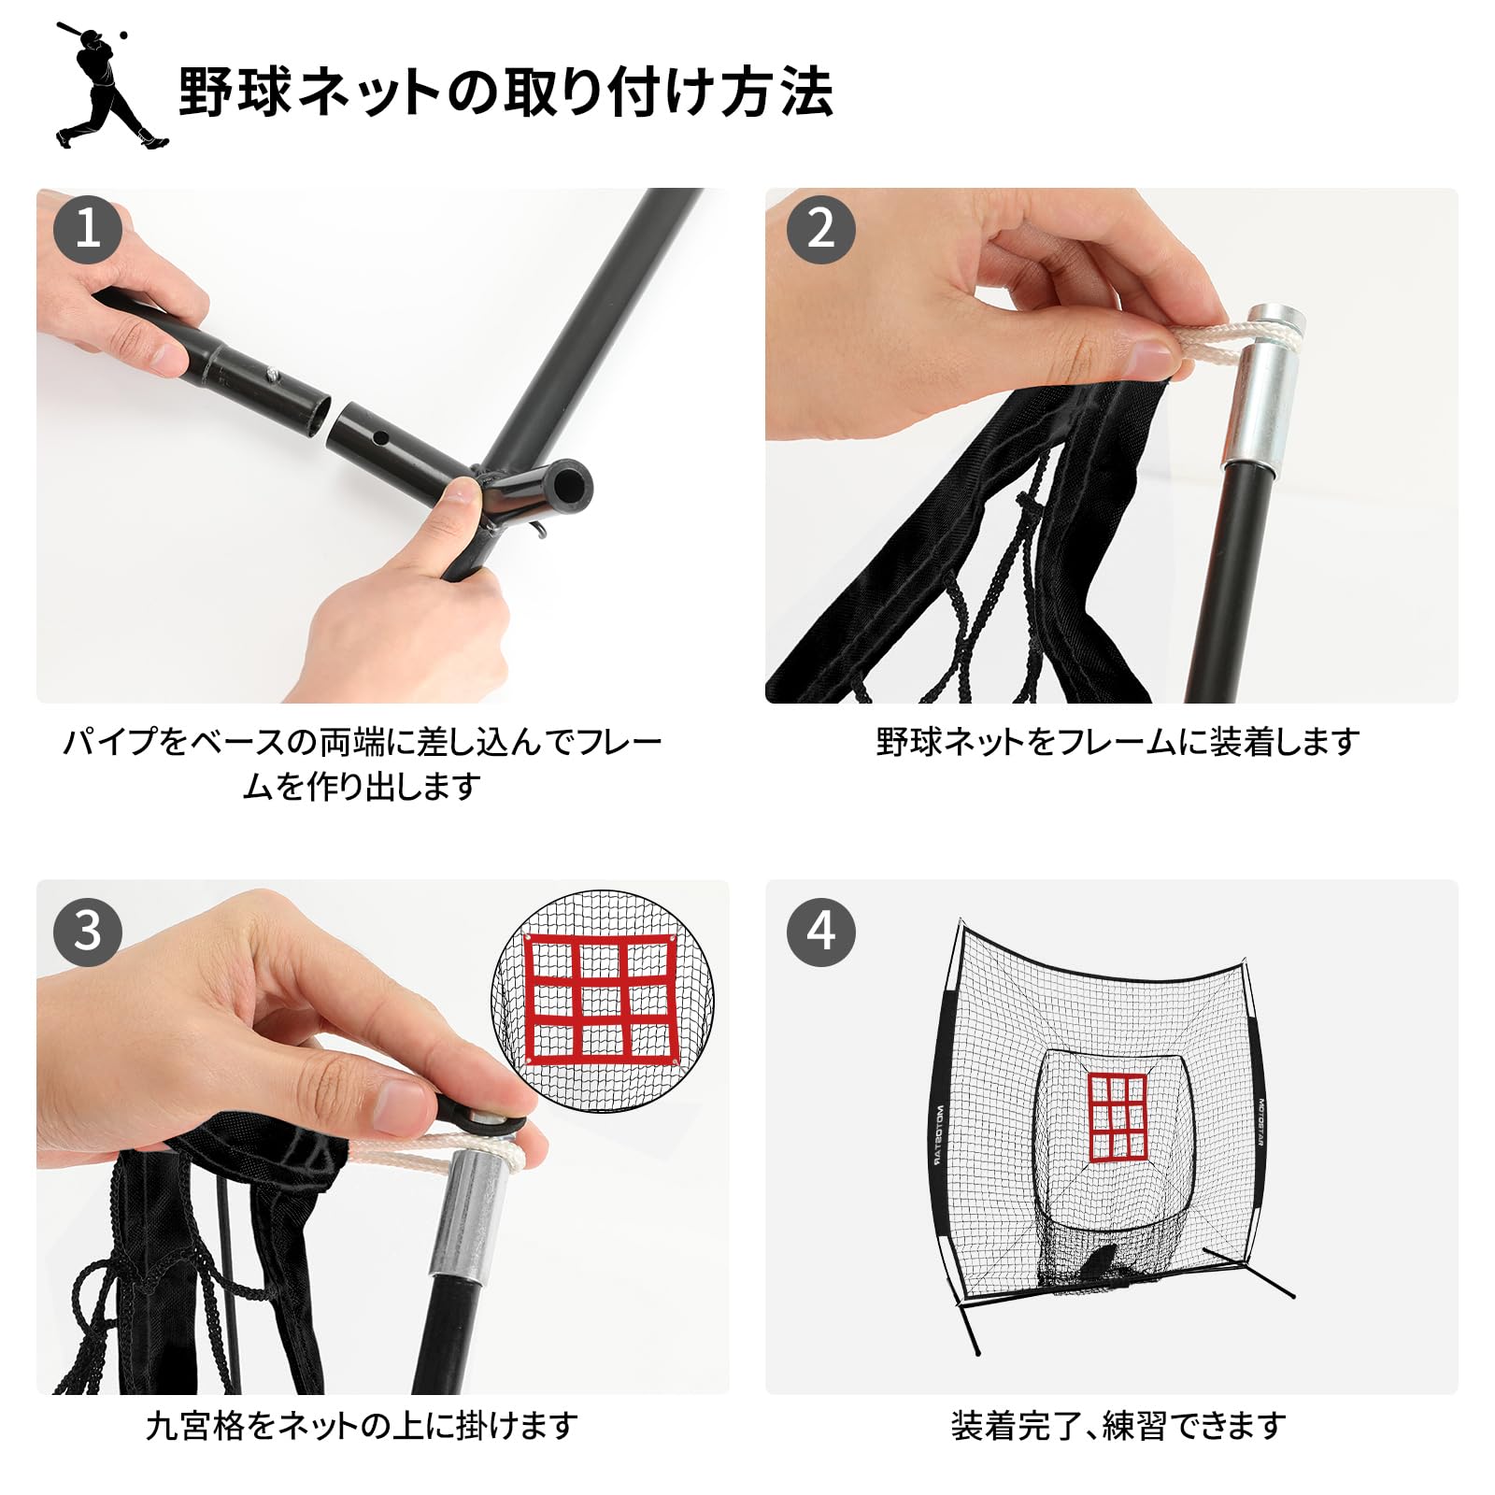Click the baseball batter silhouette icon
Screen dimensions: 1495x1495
pyautogui.click(x=110, y=86)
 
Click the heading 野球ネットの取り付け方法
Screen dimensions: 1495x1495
pyautogui.click(x=505, y=92)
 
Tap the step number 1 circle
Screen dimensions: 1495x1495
pyautogui.click(x=88, y=229)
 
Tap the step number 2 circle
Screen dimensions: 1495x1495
pyautogui.click(x=820, y=229)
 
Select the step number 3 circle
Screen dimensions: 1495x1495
pyautogui.click(x=88, y=931)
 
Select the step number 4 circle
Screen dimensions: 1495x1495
pyautogui.click(x=820, y=931)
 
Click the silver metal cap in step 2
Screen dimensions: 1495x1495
pyautogui.click(x=1261, y=385)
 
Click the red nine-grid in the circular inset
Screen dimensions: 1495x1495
pyautogui.click(x=600, y=1000)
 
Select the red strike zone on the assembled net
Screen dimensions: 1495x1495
pyautogui.click(x=1117, y=1117)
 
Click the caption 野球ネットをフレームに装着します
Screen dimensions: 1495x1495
pyautogui.click(x=1117, y=743)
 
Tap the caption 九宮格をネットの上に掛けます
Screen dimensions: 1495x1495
pyautogui.click(x=363, y=1426)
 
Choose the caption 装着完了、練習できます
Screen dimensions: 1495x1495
pyautogui.click(x=1118, y=1426)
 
